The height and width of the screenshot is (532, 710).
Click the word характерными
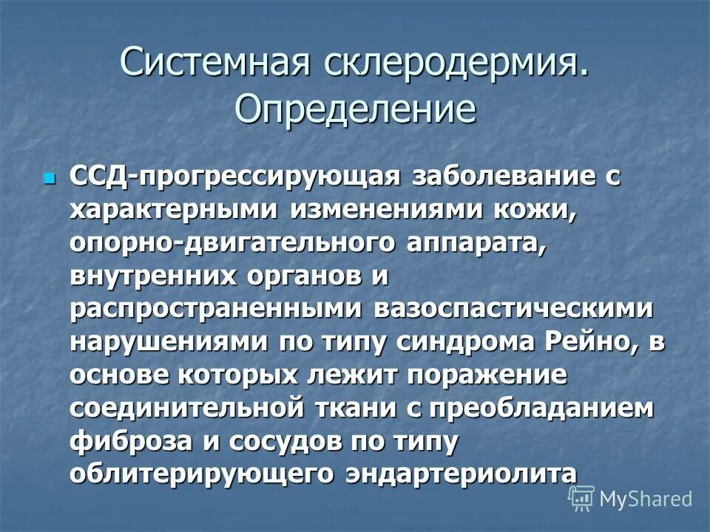coord(175,211)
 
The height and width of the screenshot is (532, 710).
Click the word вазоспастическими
coord(514,309)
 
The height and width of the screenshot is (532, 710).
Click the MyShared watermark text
coord(645,499)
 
